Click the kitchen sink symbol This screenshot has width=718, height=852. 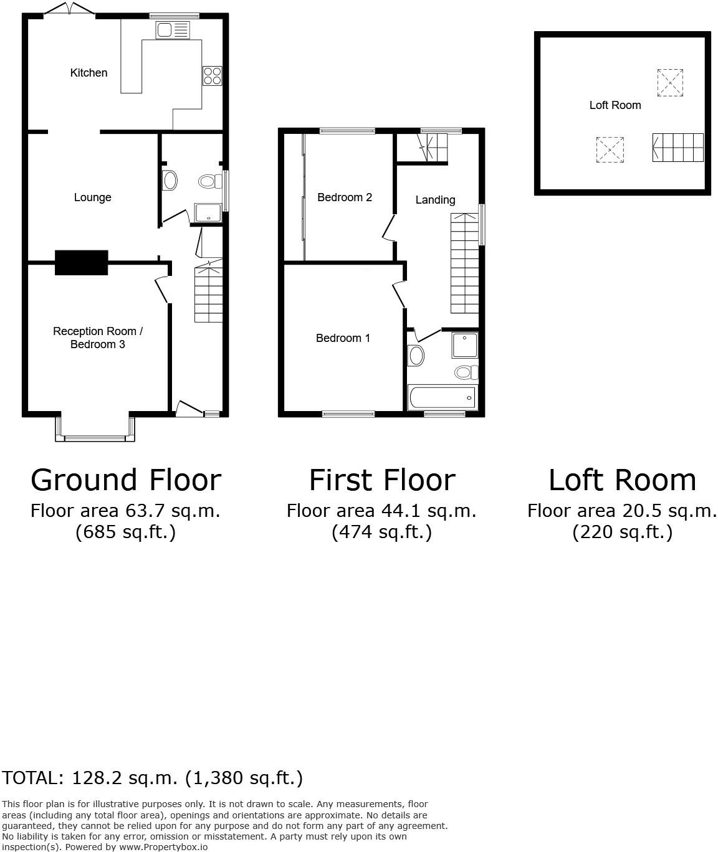173,30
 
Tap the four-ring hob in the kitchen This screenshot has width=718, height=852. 212,75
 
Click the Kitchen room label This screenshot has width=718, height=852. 89,73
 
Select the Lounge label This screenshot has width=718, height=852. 92,197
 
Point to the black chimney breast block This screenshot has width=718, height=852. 81,262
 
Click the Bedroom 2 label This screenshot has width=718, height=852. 345,197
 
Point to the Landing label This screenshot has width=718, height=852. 435,200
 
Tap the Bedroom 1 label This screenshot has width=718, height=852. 343,338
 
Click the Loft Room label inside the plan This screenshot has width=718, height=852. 615,105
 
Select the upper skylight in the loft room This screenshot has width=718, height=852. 670,82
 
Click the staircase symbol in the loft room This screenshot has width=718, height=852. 677,148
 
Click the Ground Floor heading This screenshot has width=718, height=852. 126,480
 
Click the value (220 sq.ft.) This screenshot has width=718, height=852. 622,532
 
